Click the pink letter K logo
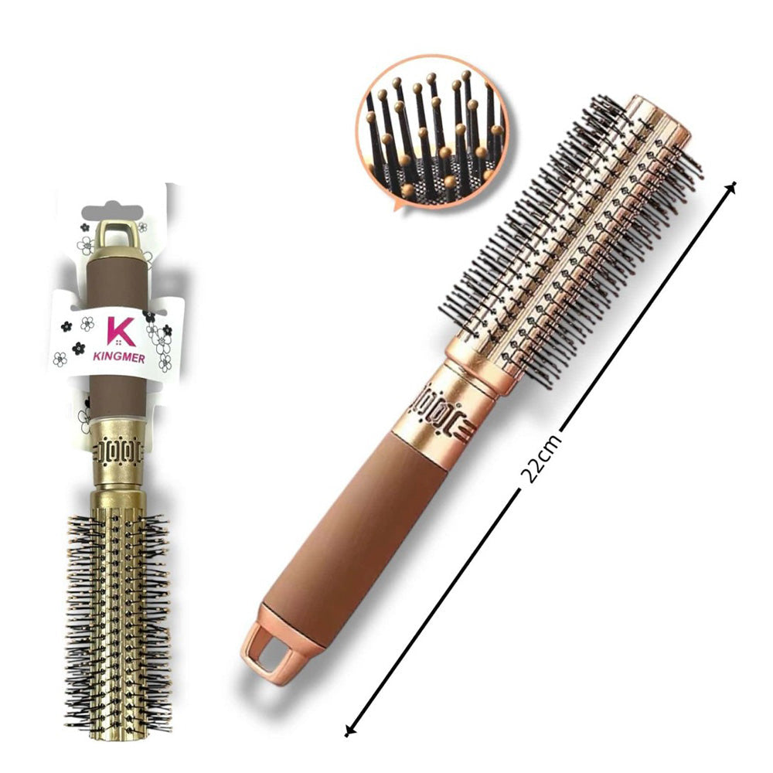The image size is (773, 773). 121,332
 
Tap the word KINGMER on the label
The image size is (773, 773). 119,357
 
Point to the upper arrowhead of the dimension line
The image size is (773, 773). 732,186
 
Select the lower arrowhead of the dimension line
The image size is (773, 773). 349,731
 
